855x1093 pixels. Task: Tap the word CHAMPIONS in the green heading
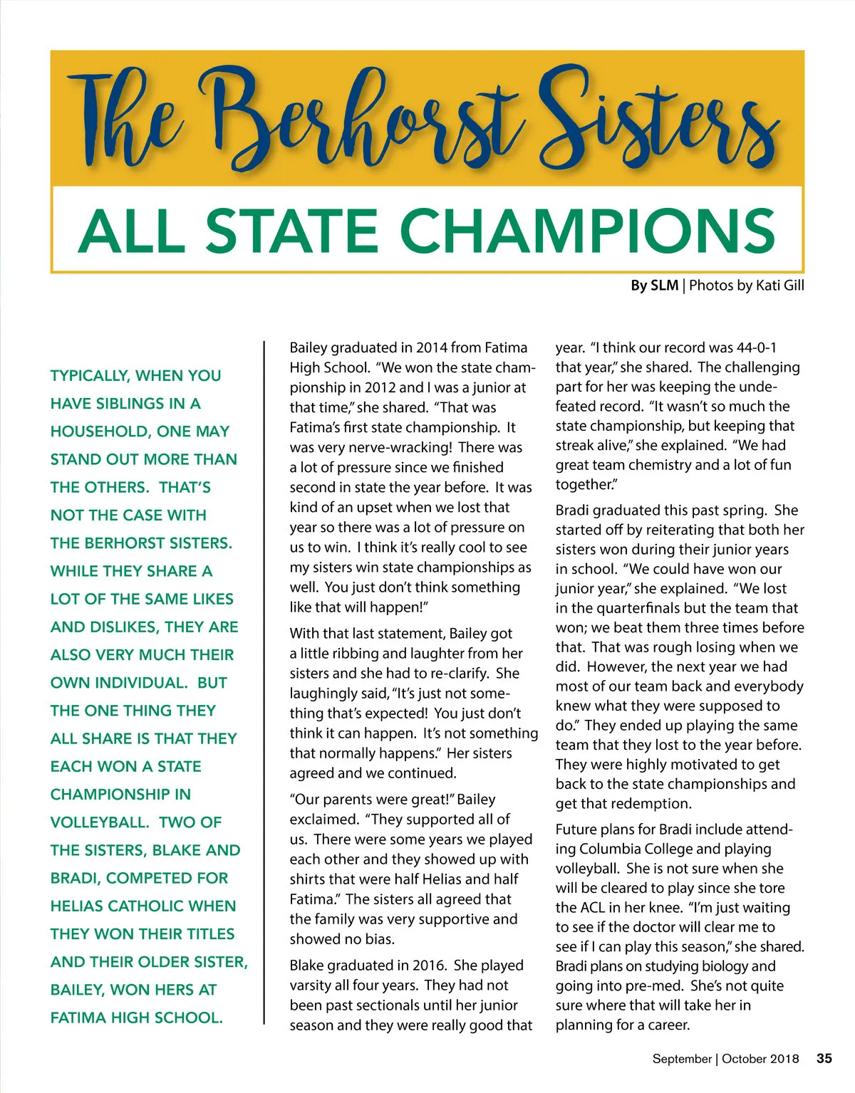point(592,231)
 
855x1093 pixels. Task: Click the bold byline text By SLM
point(654,286)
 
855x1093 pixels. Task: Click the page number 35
point(824,1058)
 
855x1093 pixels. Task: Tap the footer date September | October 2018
point(725,1059)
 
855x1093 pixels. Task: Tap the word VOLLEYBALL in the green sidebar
point(100,822)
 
